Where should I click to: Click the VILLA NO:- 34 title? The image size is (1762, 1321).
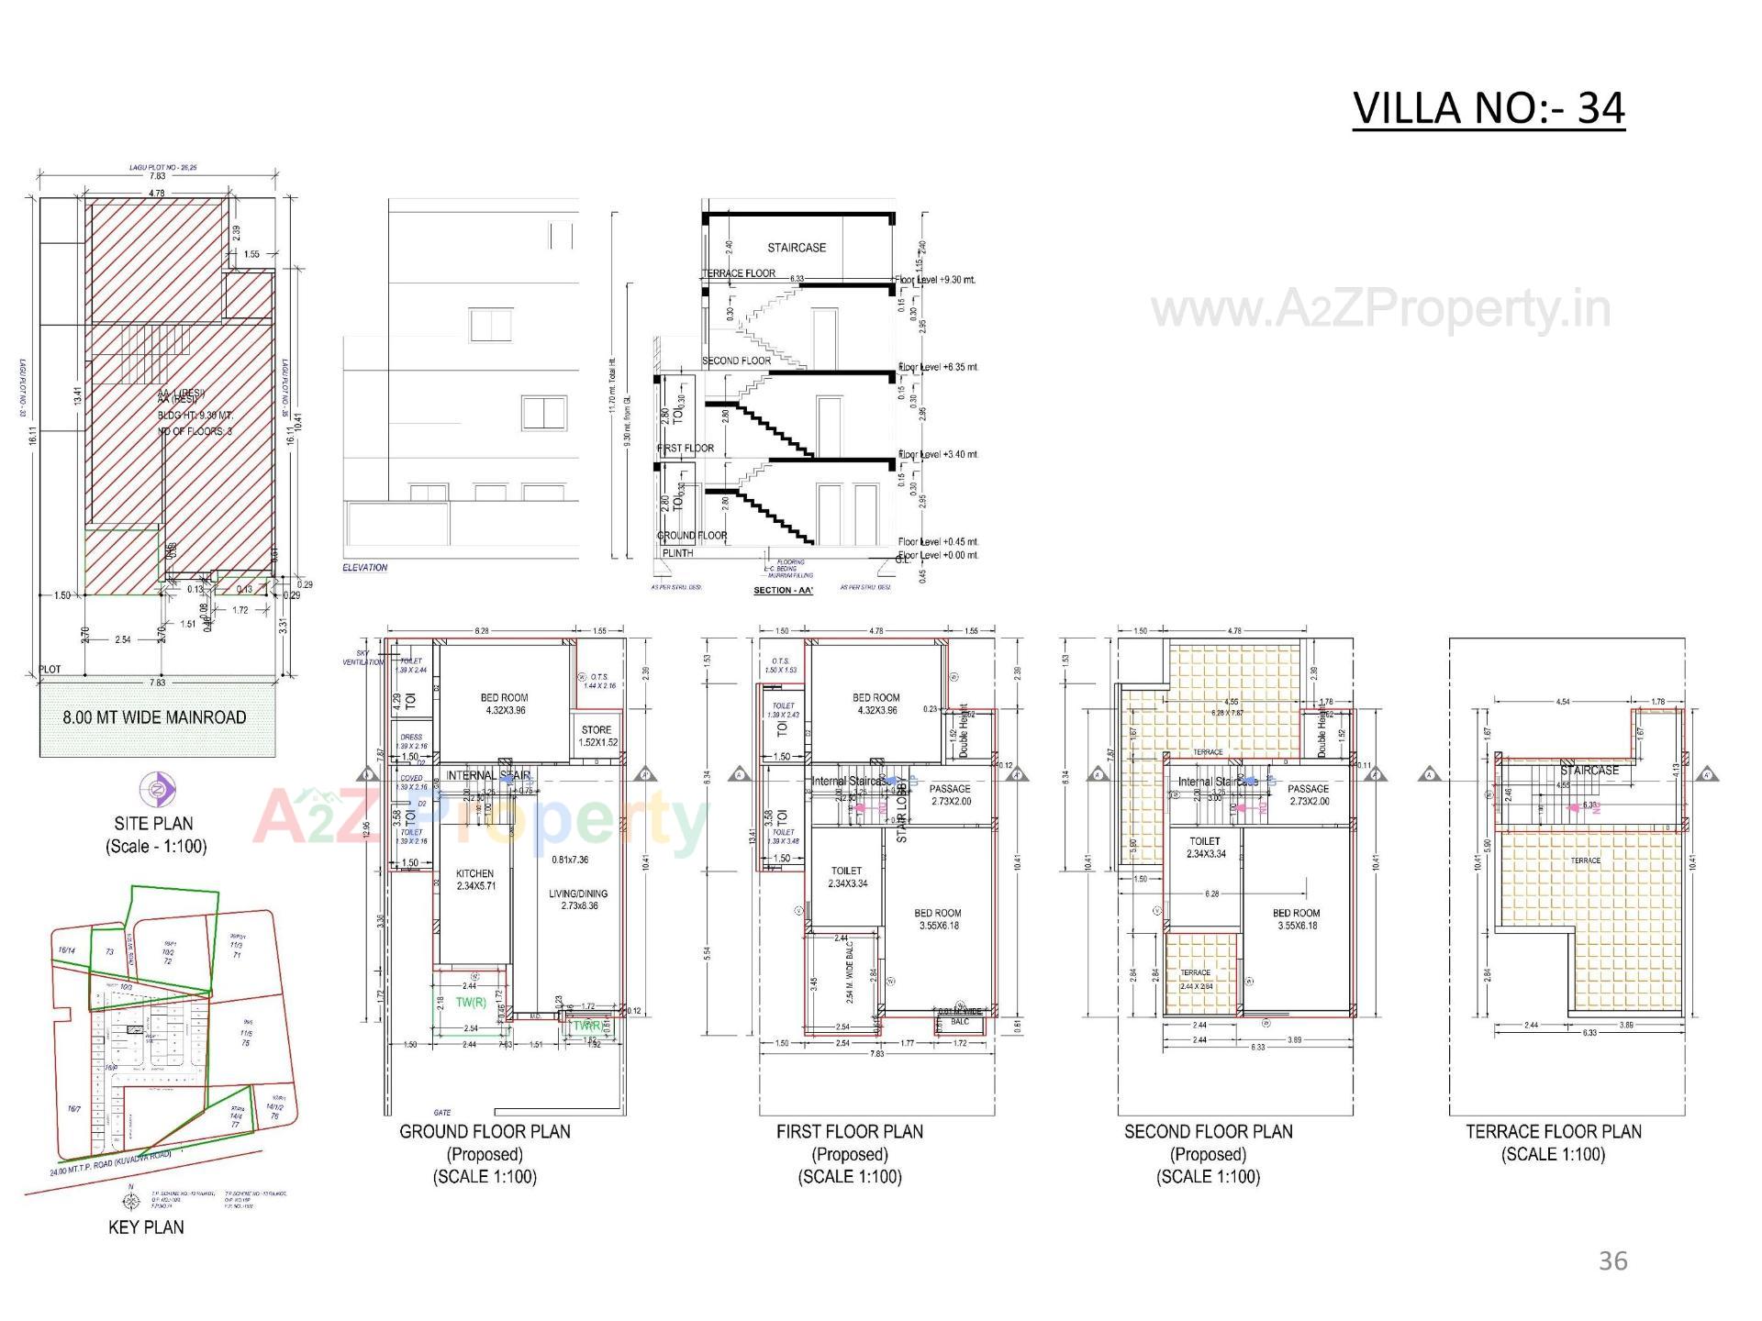1489,108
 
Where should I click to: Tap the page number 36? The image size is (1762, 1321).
1612,1261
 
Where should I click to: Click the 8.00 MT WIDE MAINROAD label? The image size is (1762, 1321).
154,717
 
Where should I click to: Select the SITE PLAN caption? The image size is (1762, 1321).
154,823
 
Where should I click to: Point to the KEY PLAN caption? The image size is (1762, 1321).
146,1227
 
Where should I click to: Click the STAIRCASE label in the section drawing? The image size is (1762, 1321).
797,248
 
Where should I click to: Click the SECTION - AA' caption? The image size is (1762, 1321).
783,590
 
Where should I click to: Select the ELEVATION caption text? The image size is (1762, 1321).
365,568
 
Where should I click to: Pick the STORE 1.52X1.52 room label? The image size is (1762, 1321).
597,736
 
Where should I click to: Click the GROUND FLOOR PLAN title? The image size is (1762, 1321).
485,1132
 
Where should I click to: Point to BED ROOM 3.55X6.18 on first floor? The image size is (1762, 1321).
937,919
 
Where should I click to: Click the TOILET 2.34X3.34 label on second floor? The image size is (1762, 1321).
1205,847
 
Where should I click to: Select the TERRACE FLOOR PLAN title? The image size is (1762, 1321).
1553,1132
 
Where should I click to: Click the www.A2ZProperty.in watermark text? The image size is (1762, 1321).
1380,310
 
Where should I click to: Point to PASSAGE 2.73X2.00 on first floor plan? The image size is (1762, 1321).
950,794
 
